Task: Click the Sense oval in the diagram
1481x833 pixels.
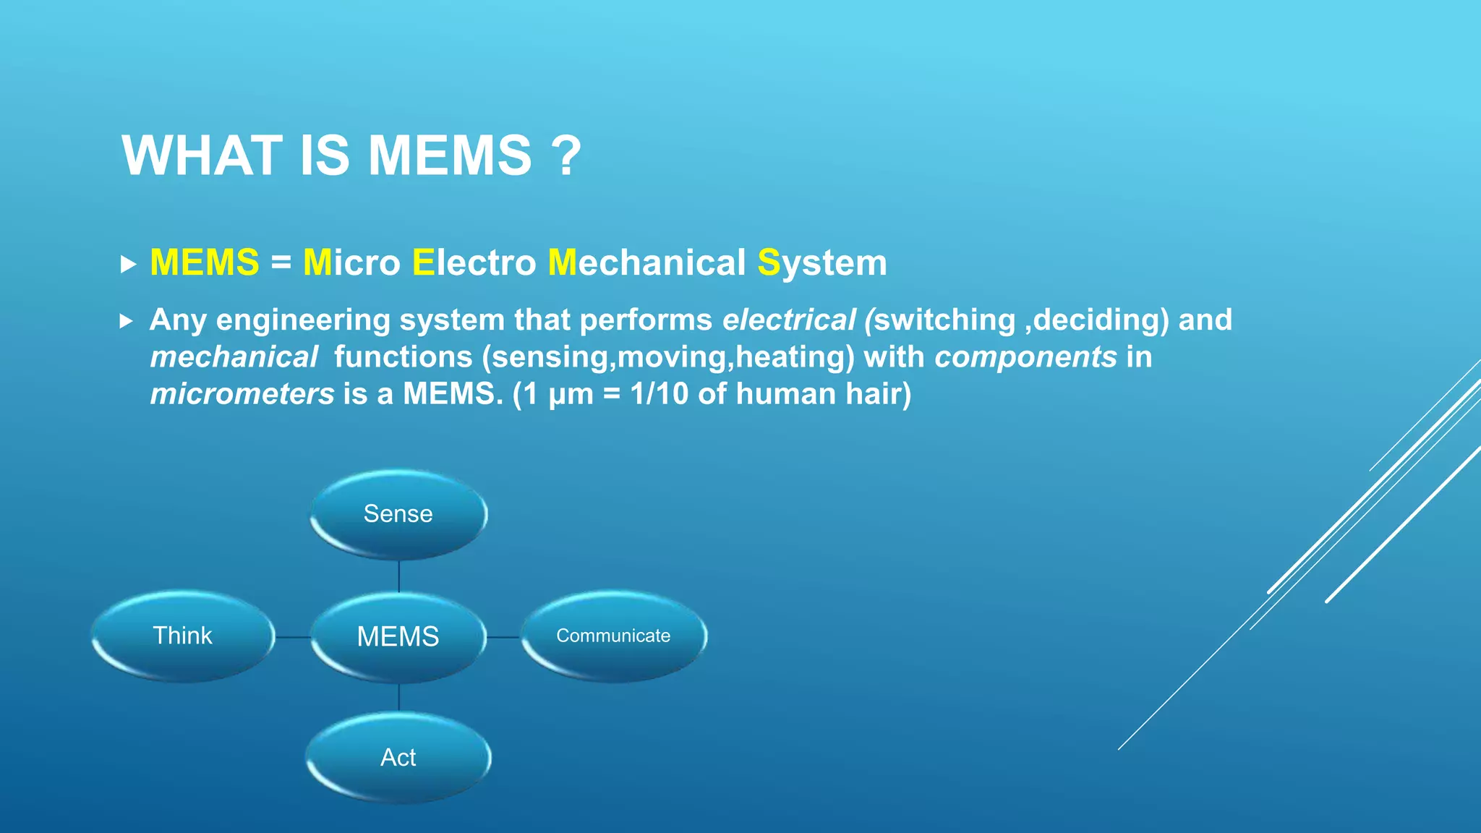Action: [398, 513]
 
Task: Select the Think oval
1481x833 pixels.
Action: [183, 636]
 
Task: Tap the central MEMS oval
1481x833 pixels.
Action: [398, 636]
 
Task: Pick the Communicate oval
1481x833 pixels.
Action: [613, 636]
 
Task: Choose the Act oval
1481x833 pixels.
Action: [398, 757]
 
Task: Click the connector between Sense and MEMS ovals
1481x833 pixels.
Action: [399, 576]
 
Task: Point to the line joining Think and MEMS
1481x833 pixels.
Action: [293, 637]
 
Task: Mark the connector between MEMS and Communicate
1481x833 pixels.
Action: [503, 637]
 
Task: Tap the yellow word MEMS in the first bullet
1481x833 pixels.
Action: [205, 262]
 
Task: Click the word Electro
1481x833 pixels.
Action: [474, 262]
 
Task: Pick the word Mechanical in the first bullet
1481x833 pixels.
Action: [646, 262]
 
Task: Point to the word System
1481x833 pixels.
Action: [822, 262]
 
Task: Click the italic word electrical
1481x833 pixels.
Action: [789, 320]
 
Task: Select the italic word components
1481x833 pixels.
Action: [1025, 356]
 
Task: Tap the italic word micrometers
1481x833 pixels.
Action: [242, 393]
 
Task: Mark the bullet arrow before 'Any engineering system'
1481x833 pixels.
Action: [127, 320]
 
